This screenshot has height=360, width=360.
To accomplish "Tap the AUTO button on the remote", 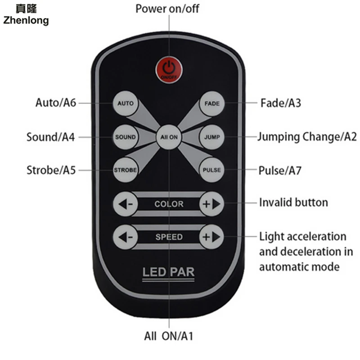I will pos(125,103).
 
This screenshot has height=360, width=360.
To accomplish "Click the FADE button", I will pos(211,103).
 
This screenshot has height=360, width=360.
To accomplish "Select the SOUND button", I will pos(125,137).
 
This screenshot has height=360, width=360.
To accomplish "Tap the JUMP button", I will pos(211,137).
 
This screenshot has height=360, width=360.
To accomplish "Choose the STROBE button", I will pos(125,170).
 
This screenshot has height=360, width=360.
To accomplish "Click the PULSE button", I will pos(211,170).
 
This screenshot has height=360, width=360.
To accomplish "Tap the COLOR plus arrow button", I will pos(211,204).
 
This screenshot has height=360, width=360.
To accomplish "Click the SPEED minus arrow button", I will pos(126,237).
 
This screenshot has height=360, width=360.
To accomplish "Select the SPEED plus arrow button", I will pos(211,237).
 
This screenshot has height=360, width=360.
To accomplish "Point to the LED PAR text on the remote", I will pos(168,272).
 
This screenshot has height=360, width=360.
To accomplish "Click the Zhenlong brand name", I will pos(26,20).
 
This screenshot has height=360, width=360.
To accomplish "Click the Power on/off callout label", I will pos(167,9).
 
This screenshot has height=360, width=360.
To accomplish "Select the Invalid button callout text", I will pos(293,202).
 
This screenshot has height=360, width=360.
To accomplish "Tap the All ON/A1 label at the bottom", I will pos(169,335).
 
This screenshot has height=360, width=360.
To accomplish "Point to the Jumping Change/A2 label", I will pos(307,137).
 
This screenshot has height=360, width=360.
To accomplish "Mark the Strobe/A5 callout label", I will pos(51,170).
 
